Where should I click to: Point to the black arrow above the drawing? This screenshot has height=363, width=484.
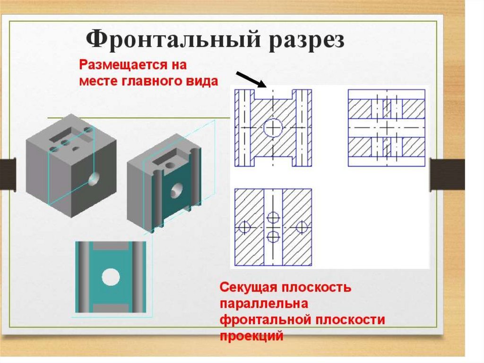(251, 80)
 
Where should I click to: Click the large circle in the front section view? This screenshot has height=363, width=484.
(273, 127)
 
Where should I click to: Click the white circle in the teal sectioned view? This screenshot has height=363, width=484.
(110, 277)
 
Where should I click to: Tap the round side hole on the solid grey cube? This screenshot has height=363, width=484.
(94, 179)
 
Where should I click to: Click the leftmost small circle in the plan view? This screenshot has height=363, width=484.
(244, 227)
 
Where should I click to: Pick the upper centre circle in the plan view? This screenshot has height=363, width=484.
(273, 218)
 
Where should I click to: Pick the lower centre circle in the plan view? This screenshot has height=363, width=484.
(273, 236)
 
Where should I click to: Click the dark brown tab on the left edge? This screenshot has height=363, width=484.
(7, 173)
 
